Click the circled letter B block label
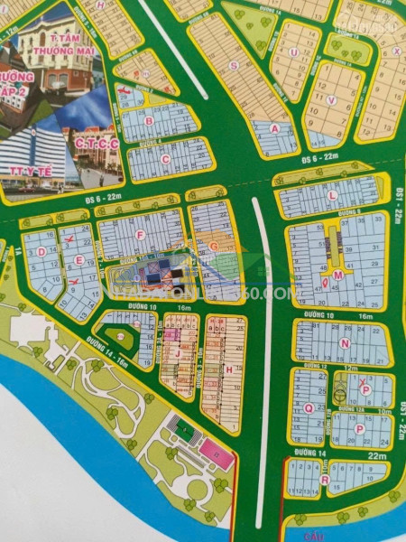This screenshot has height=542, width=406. [149, 119]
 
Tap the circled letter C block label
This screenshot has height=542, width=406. [165, 159]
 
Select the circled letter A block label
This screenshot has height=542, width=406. [274, 128]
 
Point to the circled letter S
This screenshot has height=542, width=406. [234, 65]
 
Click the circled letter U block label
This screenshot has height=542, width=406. [294, 52]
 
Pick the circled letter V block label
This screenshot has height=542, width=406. [332, 100]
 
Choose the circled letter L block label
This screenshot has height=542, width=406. [332, 195]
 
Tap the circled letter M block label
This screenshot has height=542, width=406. [337, 275]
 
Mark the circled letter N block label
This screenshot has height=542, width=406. [344, 343]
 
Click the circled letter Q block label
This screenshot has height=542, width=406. [308, 407]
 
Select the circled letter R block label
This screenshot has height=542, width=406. [324, 480]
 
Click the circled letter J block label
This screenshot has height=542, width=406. [178, 355]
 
